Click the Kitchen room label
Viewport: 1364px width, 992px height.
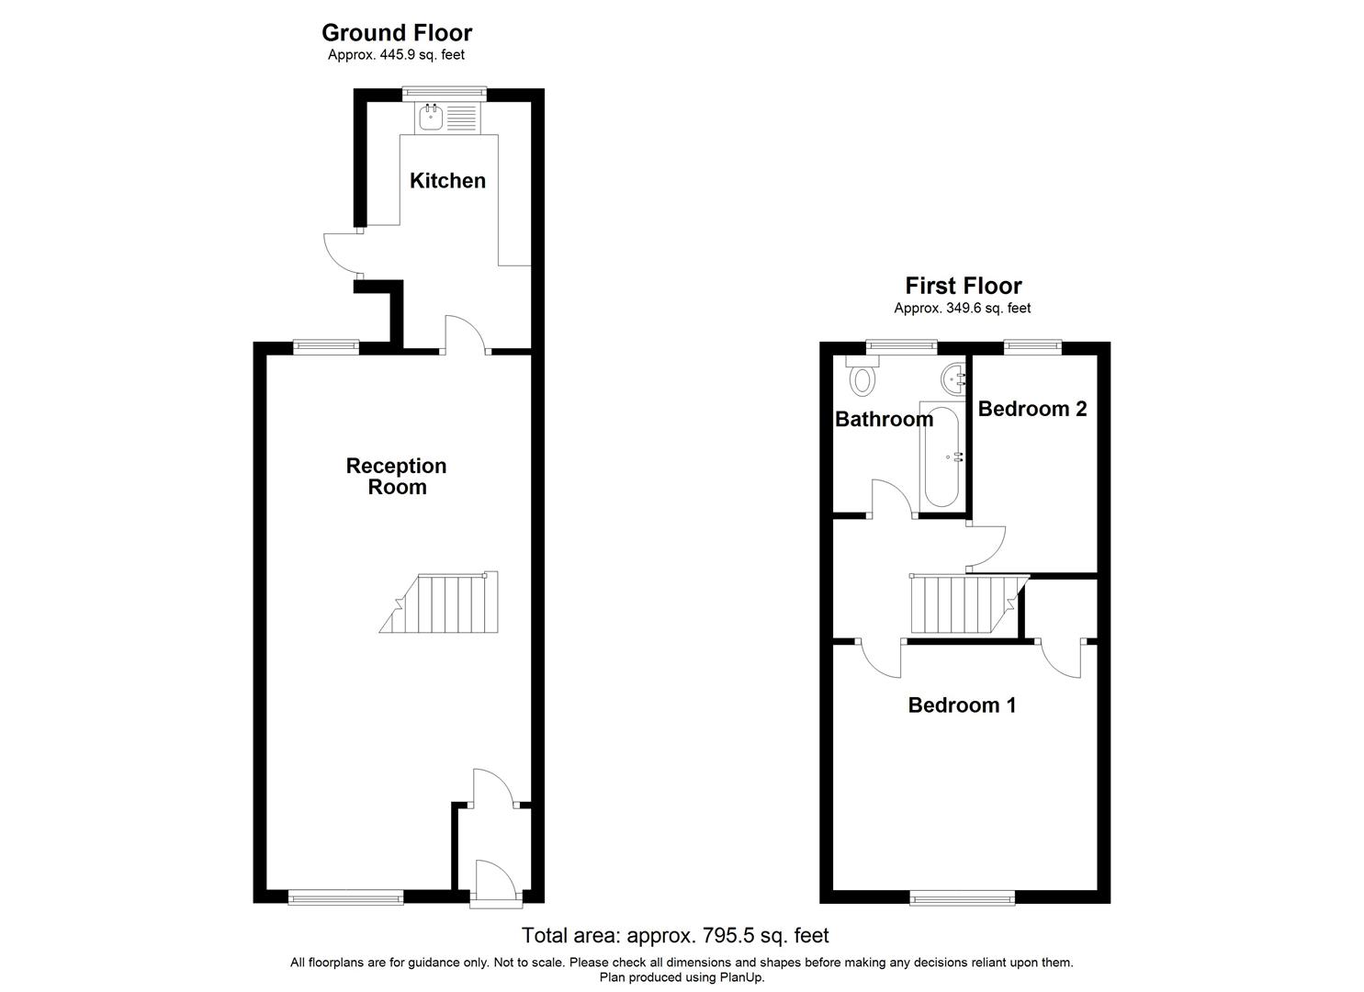[x=447, y=181]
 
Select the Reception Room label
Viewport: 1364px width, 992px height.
[x=397, y=477]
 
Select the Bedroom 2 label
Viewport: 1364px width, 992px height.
[x=1031, y=409]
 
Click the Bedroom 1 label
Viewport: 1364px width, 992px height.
[x=962, y=705]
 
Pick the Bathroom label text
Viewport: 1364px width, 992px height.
[x=884, y=420]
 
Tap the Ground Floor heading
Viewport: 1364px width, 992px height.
[x=397, y=33]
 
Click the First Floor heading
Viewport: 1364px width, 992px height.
[x=963, y=286]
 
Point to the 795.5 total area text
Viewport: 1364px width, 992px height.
[x=675, y=936]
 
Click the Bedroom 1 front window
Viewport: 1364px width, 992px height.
[x=962, y=897]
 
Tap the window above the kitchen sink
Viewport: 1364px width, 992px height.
[x=445, y=92]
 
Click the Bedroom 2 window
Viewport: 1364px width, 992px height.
[x=1032, y=347]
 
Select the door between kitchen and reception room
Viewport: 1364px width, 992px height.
[x=466, y=335]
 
